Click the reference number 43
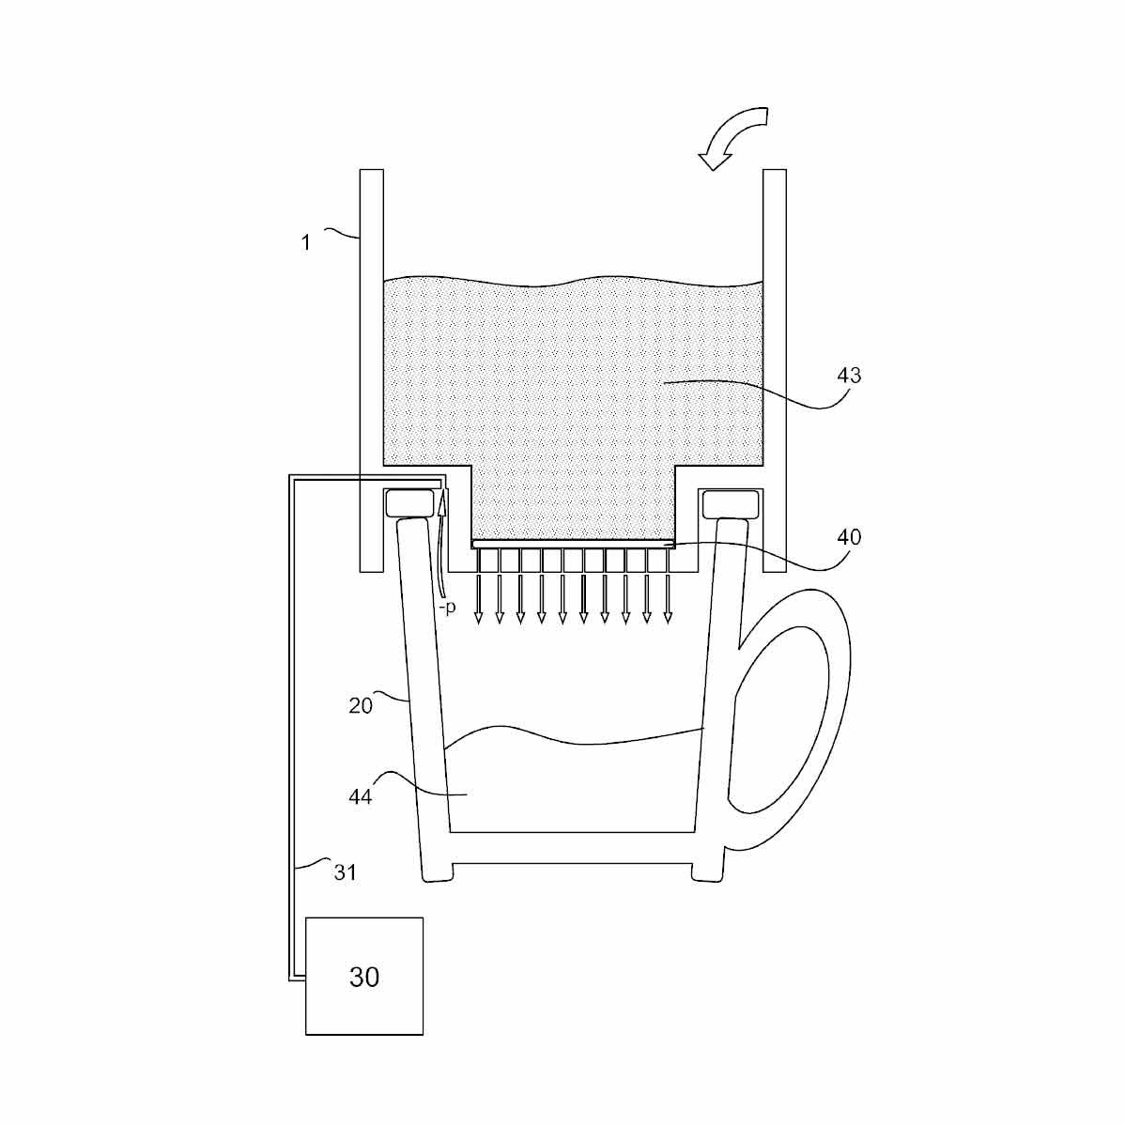[848, 376]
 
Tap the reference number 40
[848, 537]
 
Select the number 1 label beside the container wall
[305, 243]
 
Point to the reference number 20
[361, 705]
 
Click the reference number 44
[361, 796]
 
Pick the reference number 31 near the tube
[346, 871]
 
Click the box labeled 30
[364, 977]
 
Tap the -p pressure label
[447, 608]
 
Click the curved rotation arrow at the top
[737, 136]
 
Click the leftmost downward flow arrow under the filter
[478, 587]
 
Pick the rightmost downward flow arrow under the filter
[668, 587]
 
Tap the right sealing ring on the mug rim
[730, 503]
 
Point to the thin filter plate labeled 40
[573, 544]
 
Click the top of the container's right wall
[774, 175]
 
